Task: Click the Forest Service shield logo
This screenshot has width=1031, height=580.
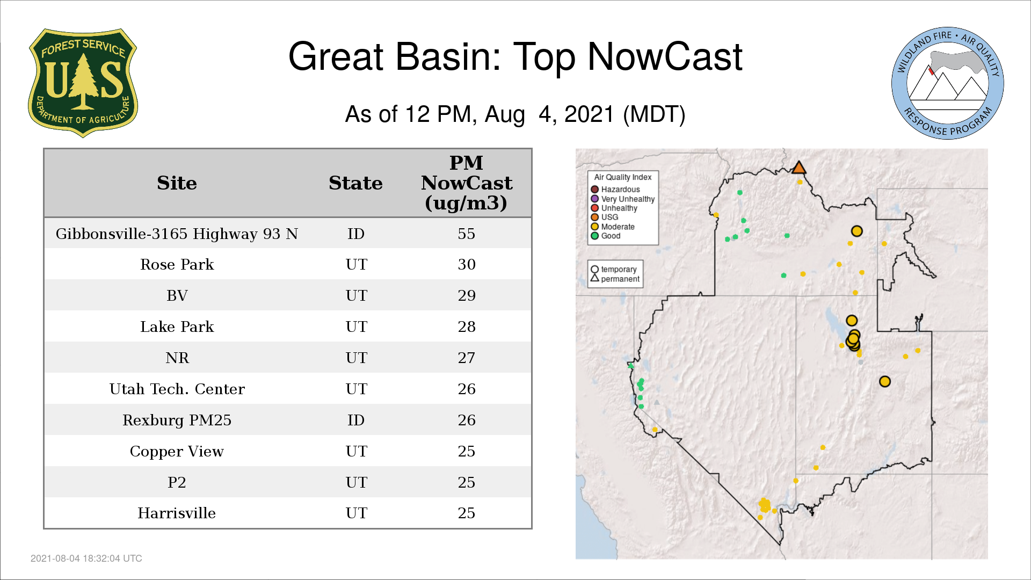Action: coord(83,83)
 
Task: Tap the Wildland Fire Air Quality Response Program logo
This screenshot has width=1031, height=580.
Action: coord(947,83)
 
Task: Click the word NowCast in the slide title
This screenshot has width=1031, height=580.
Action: coord(665,56)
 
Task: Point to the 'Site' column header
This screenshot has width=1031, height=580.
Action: coord(177,183)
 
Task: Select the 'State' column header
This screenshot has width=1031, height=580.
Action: coord(355,183)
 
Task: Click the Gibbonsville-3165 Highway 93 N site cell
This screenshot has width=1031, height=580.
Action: coord(177,234)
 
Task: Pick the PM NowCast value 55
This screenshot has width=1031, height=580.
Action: coord(466,234)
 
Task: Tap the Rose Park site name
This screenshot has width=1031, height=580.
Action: coord(177,264)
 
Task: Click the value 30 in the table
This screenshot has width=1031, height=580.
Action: coord(466,264)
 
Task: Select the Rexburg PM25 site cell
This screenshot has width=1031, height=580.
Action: coord(177,420)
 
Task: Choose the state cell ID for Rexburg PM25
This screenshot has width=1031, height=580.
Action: coord(355,420)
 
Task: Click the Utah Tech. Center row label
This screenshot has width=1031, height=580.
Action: coord(177,389)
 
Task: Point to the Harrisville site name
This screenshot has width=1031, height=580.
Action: coord(177,513)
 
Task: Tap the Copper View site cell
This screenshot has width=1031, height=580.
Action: coord(177,451)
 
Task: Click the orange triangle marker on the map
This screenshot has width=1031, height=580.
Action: coord(799,168)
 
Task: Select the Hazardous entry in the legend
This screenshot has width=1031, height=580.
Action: coord(615,190)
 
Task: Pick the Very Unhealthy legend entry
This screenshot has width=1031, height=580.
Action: coord(623,199)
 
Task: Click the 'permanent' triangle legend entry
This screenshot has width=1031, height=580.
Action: coord(615,279)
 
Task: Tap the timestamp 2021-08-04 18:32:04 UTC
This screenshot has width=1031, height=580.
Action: coord(86,559)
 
